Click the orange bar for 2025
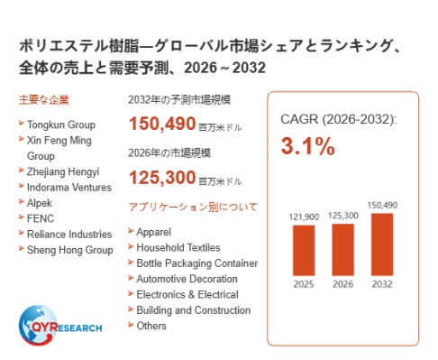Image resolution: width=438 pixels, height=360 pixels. click(304, 250)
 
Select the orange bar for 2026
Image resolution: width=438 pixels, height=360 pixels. click(342, 250)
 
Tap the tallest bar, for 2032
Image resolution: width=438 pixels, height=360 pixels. click(382, 245)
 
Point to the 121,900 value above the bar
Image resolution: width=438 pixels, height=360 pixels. click(304, 217)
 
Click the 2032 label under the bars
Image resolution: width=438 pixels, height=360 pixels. click(382, 284)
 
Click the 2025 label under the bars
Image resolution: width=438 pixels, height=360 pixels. click(304, 284)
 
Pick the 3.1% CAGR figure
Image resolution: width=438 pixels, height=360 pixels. click(308, 146)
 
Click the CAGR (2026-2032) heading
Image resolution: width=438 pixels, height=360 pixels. click(339, 119)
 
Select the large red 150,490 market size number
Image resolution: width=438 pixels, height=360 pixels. click(162, 124)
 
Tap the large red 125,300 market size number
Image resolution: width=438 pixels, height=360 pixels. click(162, 178)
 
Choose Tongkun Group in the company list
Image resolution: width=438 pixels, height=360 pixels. click(61, 125)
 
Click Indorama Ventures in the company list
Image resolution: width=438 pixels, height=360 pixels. click(69, 188)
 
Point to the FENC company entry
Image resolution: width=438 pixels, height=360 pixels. click(41, 218)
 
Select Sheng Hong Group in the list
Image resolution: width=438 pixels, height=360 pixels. click(70, 250)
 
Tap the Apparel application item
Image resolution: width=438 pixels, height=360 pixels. click(154, 232)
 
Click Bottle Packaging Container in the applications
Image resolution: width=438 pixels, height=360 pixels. click(197, 263)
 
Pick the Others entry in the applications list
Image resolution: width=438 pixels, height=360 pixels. click(151, 326)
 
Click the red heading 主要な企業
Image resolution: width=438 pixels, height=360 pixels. click(44, 100)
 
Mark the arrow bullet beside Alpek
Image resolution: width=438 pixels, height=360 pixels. click(21, 201)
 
